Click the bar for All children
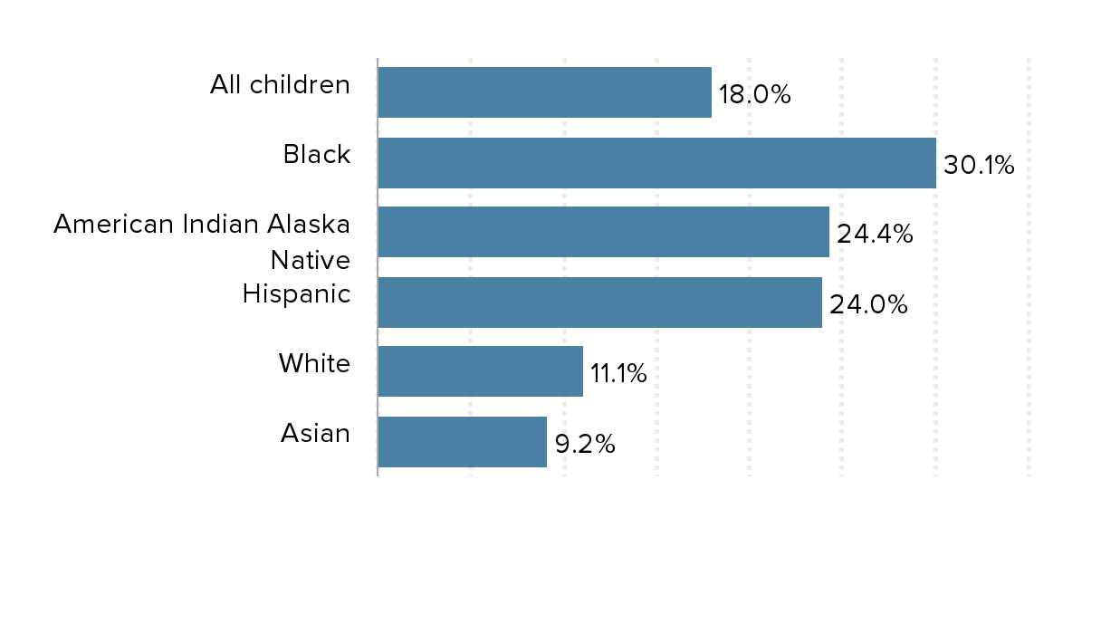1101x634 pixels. (x=544, y=92)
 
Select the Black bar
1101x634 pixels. (x=656, y=163)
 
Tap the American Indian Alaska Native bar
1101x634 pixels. (x=603, y=232)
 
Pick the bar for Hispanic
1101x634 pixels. (x=599, y=303)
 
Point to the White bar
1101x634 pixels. (x=480, y=371)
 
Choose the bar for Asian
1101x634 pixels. (x=462, y=442)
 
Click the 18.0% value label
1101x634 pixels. (x=754, y=94)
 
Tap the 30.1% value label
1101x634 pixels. (x=979, y=165)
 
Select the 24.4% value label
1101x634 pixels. (x=874, y=235)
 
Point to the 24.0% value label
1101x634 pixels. (x=868, y=304)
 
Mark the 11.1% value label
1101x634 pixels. (x=618, y=374)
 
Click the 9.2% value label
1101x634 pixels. (x=585, y=444)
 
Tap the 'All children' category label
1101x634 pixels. (x=280, y=85)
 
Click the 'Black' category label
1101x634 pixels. (x=316, y=155)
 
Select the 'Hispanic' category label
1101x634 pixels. (x=296, y=294)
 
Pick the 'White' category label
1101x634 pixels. (x=313, y=364)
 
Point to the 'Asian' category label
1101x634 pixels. (x=315, y=434)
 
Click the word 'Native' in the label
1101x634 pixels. (x=310, y=261)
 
